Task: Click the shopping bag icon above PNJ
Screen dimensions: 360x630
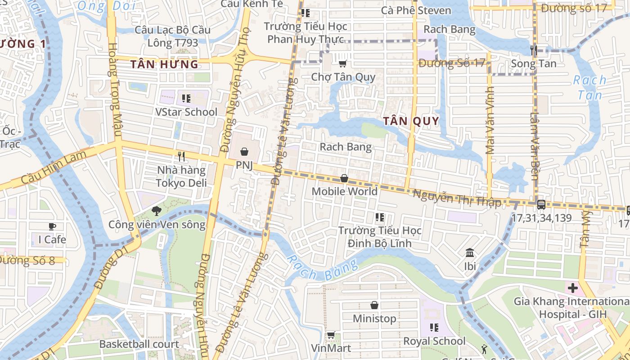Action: pos(244,152)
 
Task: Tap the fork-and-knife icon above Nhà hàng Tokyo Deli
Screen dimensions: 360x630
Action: pos(181,157)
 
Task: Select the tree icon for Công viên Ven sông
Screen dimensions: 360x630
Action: pos(156,210)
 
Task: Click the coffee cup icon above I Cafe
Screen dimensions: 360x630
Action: pos(52,226)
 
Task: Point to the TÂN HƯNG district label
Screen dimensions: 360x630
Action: pos(164,64)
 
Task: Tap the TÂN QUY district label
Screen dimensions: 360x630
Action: pos(411,121)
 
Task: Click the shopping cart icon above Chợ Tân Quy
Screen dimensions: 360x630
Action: pos(343,63)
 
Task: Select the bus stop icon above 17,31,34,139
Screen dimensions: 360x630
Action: pos(541,204)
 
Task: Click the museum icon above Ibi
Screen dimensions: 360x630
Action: pos(470,252)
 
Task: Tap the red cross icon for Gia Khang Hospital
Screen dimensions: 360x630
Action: pos(572,288)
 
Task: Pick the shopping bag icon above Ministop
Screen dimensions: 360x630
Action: pos(374,305)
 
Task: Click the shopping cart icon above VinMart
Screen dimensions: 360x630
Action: pos(331,335)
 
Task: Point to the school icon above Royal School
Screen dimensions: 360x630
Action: pos(434,328)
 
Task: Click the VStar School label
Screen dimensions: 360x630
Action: pos(186,112)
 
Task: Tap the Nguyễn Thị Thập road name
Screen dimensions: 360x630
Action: pos(457,198)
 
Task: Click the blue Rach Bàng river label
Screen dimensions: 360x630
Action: pos(321,269)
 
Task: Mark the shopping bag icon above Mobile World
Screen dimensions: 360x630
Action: pos(344,178)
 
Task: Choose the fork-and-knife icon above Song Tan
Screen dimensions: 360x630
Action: pos(534,50)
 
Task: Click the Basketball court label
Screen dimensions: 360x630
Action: pos(139,344)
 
